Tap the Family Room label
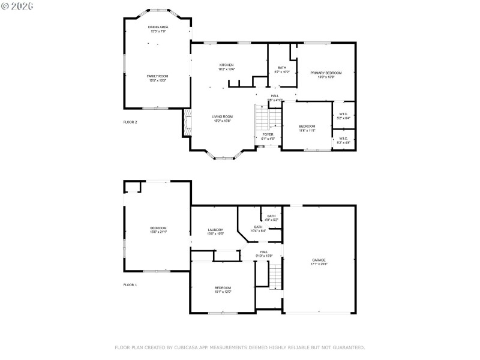coord(158,78)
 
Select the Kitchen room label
coord(226,67)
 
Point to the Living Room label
coord(222,118)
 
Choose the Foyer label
coord(268,136)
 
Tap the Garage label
coord(319,262)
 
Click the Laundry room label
coord(215,232)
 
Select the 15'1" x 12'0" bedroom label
coord(223,290)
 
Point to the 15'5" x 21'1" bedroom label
coord(158,230)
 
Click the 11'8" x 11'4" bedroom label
coord(307,128)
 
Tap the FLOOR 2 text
coord(130,122)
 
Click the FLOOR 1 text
coord(130,284)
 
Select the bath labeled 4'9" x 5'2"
coord(271,218)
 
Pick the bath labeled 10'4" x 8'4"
coord(258,229)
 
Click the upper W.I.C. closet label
coord(344,115)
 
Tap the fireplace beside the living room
coord(187,123)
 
